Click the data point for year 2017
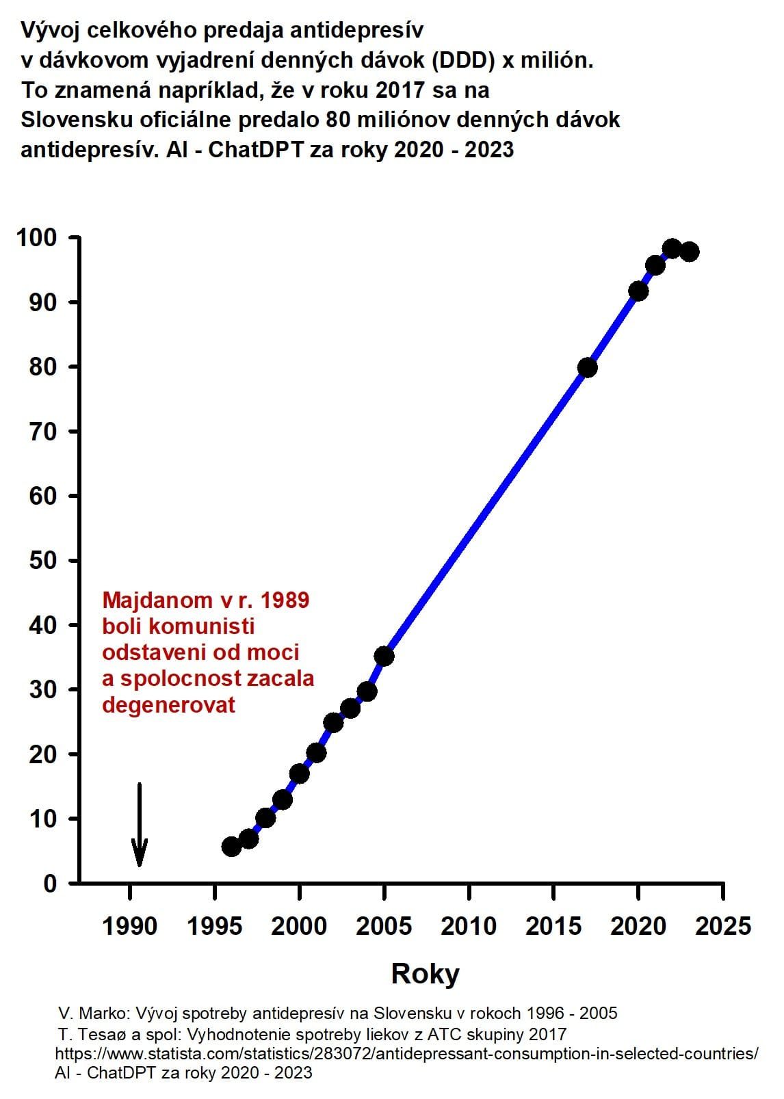587,367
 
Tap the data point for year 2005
384,656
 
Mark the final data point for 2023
690,252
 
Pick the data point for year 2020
638,291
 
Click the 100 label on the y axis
37,237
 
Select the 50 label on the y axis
43,560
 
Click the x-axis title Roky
425,974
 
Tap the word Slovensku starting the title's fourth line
77,120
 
